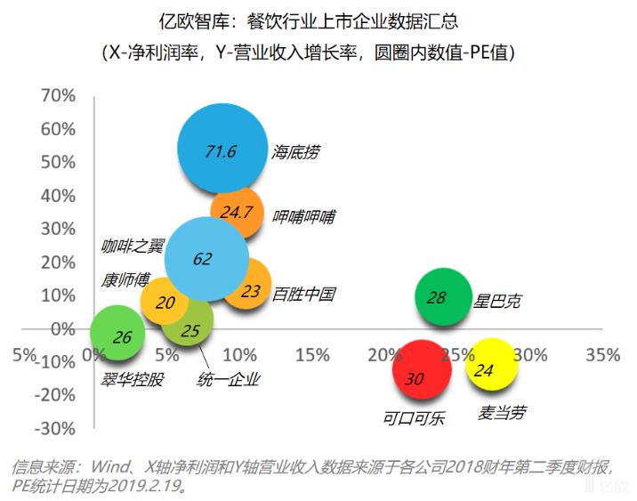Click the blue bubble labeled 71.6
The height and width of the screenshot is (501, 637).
[x=222, y=149]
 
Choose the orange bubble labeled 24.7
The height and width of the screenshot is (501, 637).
[x=237, y=213]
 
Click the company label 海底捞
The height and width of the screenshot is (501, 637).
[x=295, y=151]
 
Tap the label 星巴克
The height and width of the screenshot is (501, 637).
[x=498, y=301]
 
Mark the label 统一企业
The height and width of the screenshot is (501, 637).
[x=229, y=379]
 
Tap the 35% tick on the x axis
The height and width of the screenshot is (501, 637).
[x=602, y=355]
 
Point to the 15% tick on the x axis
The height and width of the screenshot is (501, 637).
[x=311, y=355]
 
